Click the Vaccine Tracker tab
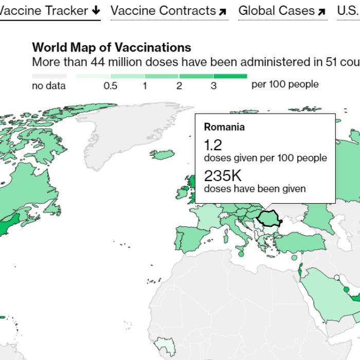tap(49, 10)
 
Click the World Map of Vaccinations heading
tap(111, 47)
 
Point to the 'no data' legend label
tap(49, 86)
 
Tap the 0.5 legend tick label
tap(110, 86)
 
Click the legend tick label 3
tap(213, 86)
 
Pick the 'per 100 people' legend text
tap(284, 84)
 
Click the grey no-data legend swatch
tap(49, 76)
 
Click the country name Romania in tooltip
tap(224, 127)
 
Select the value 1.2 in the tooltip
tap(213, 145)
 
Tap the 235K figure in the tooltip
tap(222, 175)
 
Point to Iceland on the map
tap(163, 154)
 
